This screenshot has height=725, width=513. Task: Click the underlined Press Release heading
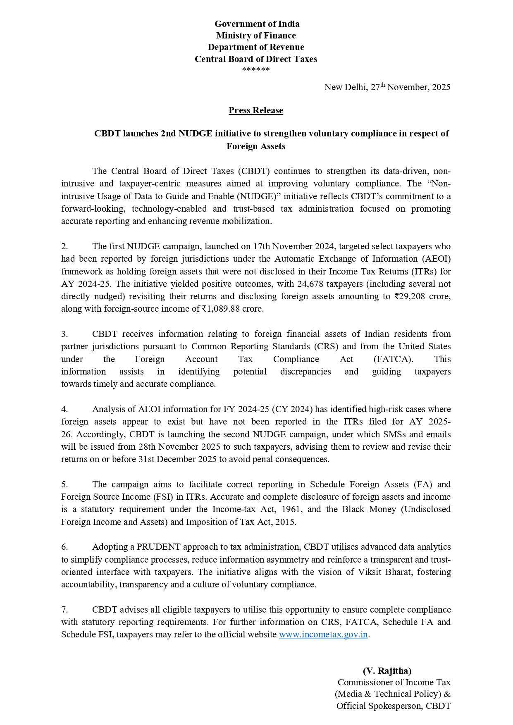(x=256, y=110)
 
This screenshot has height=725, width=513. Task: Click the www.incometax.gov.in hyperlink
(x=323, y=634)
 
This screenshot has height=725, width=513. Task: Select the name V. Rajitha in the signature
(x=387, y=670)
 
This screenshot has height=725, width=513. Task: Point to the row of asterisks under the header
(x=256, y=69)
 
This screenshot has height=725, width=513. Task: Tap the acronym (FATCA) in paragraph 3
(x=393, y=359)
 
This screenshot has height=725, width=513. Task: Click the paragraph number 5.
(x=64, y=484)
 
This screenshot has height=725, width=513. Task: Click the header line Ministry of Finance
(x=256, y=36)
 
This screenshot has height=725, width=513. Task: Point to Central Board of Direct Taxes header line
(x=256, y=59)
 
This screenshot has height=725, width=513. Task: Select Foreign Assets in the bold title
(x=256, y=146)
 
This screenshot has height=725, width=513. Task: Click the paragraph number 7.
(x=64, y=610)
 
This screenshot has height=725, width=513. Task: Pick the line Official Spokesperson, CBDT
(x=393, y=706)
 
